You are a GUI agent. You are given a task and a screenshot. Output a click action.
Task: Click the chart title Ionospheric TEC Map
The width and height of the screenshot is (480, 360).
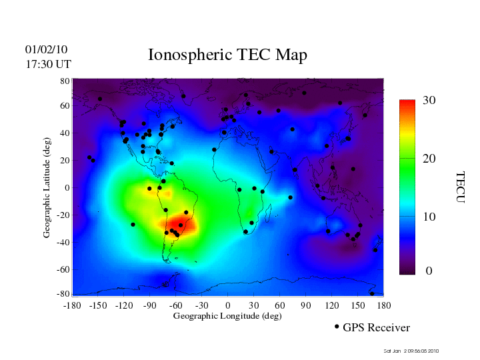tap(227, 55)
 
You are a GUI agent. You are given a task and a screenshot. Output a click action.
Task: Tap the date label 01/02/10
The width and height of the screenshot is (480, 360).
tap(46, 49)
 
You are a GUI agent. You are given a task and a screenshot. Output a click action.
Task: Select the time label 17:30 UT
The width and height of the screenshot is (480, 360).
tap(48, 64)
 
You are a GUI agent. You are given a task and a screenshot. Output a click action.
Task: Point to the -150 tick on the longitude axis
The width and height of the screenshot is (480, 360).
tap(98, 305)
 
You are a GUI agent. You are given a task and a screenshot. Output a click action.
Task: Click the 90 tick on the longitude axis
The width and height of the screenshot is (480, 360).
tap(306, 305)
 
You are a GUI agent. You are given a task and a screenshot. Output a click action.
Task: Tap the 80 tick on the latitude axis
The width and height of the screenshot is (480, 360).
tap(65, 81)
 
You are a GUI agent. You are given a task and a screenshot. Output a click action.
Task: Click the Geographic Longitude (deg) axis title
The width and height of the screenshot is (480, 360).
tap(227, 316)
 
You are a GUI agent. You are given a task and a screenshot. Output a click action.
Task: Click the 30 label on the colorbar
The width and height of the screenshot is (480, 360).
tap(429, 100)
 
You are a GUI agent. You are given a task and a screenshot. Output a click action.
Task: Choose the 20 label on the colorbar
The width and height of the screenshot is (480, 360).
tap(429, 160)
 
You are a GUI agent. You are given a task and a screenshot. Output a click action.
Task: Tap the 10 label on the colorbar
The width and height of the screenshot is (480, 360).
tap(429, 217)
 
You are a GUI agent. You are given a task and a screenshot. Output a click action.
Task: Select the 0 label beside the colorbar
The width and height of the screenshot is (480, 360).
tap(429, 271)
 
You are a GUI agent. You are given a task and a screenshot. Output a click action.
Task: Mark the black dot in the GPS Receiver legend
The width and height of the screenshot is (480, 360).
tap(337, 327)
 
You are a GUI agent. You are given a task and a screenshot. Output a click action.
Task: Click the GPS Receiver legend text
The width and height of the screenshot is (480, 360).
tap(376, 327)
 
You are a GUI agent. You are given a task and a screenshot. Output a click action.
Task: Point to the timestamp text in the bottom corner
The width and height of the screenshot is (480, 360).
tap(411, 351)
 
